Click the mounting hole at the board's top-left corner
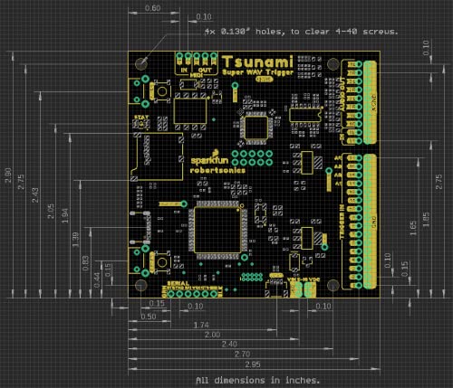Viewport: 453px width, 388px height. click(x=143, y=63)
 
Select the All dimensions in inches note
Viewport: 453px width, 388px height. click(x=257, y=380)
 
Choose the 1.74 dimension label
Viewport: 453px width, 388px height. click(x=202, y=324)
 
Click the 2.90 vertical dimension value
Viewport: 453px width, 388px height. click(x=8, y=172)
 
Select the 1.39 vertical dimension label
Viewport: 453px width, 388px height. click(x=75, y=236)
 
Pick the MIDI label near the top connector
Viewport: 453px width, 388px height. click(x=193, y=75)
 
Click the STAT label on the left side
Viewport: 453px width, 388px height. click(x=140, y=117)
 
